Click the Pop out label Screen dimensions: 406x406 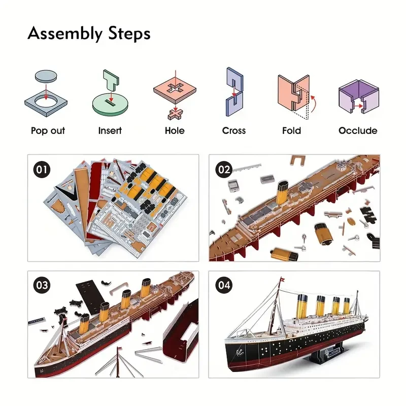point(48,130)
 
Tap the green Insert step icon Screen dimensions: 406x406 point(110,96)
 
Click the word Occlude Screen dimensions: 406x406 point(358,130)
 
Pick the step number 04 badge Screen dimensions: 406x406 point(224,285)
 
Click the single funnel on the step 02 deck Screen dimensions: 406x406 point(282,195)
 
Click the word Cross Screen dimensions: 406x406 point(234,130)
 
